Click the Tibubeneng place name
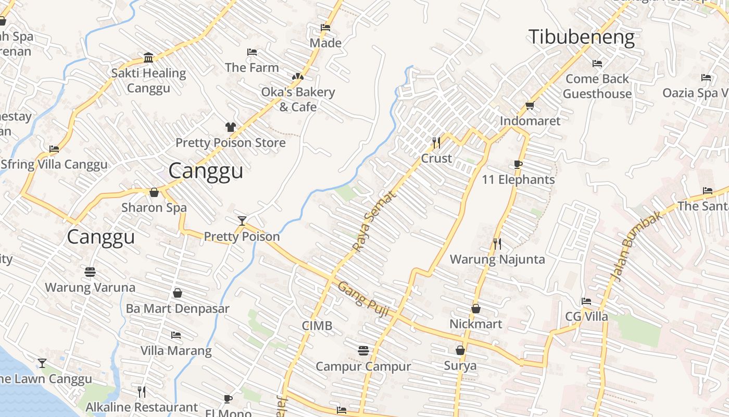581,38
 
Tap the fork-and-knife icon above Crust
436,142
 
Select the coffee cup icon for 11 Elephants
518,164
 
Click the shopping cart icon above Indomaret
530,105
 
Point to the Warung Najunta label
497,259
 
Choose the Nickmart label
475,324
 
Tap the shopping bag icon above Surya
460,350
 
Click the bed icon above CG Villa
586,301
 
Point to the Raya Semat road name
374,220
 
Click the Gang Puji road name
363,298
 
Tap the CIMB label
317,326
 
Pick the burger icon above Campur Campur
363,351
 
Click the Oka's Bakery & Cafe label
298,99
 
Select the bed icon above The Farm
252,52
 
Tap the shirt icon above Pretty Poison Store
231,127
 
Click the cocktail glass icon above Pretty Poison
242,220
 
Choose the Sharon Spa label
154,207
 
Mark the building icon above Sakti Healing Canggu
148,57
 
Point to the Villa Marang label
176,351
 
